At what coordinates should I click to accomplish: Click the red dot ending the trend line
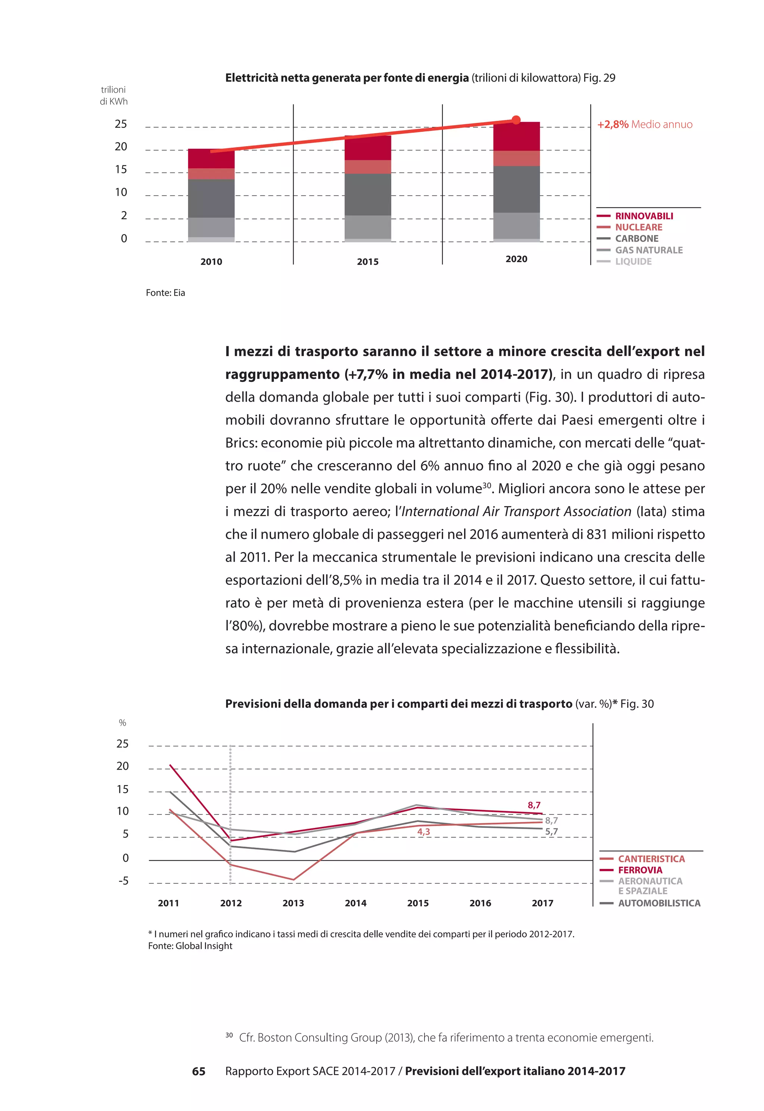(516, 120)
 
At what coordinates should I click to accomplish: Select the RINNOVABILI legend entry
(644, 216)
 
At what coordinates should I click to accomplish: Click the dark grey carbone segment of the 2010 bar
(211, 198)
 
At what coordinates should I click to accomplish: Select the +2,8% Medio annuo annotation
(644, 125)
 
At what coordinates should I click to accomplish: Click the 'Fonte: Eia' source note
(165, 293)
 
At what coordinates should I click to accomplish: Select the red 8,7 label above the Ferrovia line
(534, 805)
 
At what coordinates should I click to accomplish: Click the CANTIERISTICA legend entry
(651, 859)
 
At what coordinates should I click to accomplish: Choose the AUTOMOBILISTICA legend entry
(659, 903)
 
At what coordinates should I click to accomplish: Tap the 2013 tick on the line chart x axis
(293, 903)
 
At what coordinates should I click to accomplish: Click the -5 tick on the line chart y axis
(123, 881)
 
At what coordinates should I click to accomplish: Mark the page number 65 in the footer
(199, 1071)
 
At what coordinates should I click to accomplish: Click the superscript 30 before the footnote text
(229, 1035)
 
